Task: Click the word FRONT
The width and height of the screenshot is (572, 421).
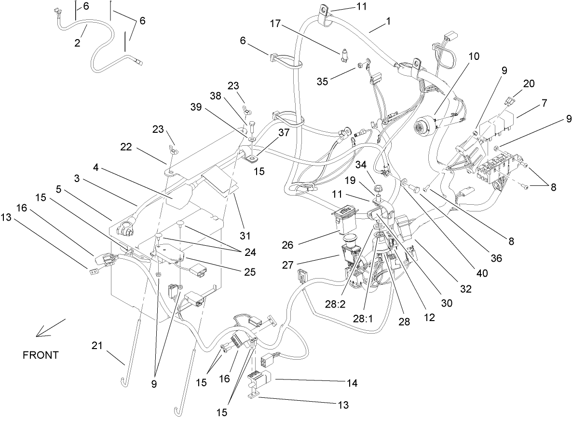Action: (41, 355)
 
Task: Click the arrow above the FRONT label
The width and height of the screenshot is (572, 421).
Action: (50, 328)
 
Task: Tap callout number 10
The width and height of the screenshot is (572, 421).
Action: (473, 56)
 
